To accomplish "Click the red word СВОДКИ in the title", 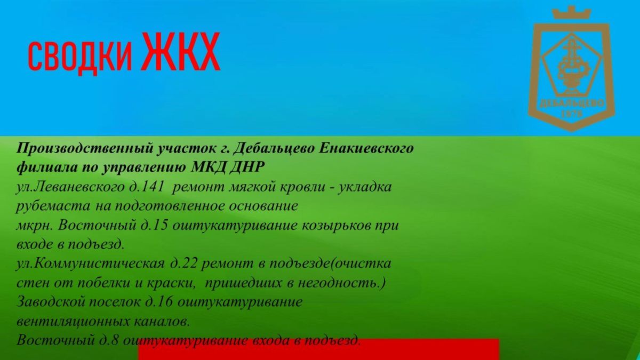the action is pos(81,57).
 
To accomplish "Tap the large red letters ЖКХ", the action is pos(181,52).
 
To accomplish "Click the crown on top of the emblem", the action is pos(571,13).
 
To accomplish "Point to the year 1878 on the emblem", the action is pos(572,114).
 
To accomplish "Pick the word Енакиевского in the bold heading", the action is pos(366,149).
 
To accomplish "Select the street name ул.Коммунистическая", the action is pos(91,263).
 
